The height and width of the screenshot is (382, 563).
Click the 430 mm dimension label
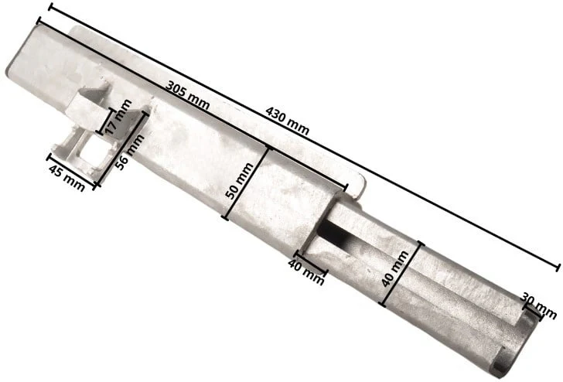(287, 121)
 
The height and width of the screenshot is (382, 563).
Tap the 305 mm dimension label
(187, 95)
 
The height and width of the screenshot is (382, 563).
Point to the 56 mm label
(130, 152)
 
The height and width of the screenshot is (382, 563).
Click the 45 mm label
(67, 178)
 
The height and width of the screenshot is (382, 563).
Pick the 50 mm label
(239, 181)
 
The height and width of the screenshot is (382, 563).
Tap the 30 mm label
(538, 305)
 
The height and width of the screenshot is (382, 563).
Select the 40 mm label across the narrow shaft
(395, 269)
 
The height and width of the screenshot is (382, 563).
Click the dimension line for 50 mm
(246, 184)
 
